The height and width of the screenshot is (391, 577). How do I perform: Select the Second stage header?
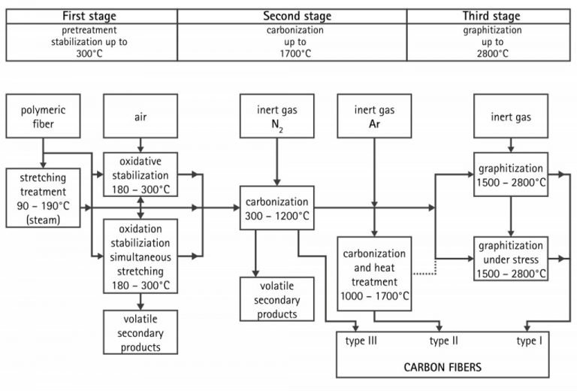tap(293, 17)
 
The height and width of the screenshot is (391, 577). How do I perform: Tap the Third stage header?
tap(492, 17)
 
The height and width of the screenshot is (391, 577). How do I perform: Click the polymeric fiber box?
tap(44, 116)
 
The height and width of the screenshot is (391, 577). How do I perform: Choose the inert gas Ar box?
tap(374, 116)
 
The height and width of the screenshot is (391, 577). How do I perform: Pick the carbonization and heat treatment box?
tap(374, 269)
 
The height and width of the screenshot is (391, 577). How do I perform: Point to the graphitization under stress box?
tap(511, 258)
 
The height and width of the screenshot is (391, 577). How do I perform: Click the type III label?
tap(361, 341)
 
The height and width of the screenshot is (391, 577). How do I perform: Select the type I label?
tap(531, 341)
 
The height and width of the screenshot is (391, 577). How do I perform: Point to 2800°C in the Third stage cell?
tap(492, 54)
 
